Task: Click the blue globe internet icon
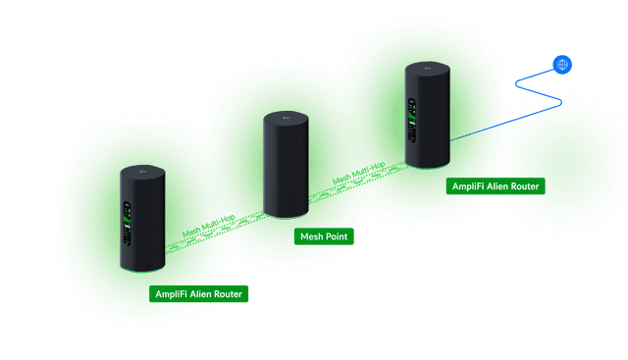click(562, 65)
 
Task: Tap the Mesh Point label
click(323, 236)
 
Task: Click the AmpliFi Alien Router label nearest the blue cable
click(495, 185)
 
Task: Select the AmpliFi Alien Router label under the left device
click(198, 293)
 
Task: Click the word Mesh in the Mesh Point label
click(311, 236)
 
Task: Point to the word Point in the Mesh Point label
click(336, 236)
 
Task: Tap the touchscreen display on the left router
click(127, 220)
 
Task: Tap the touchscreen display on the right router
click(412, 123)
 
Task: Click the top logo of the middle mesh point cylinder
click(286, 119)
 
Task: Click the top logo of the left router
click(143, 173)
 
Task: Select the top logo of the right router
click(429, 69)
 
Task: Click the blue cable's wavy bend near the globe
click(546, 94)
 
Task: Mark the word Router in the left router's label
click(227, 293)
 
